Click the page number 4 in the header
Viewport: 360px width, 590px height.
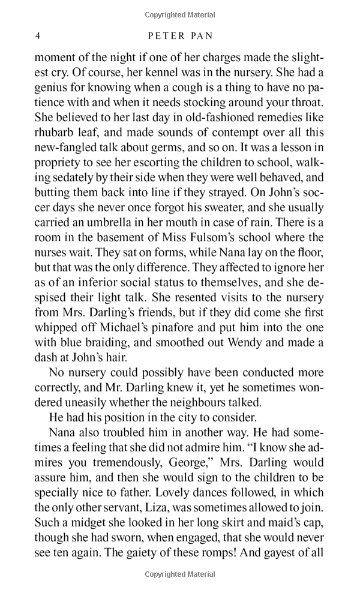(38, 36)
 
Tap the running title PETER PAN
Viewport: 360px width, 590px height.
(180, 36)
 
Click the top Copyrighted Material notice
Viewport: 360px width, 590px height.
(180, 14)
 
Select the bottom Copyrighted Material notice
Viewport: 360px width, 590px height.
(180, 575)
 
